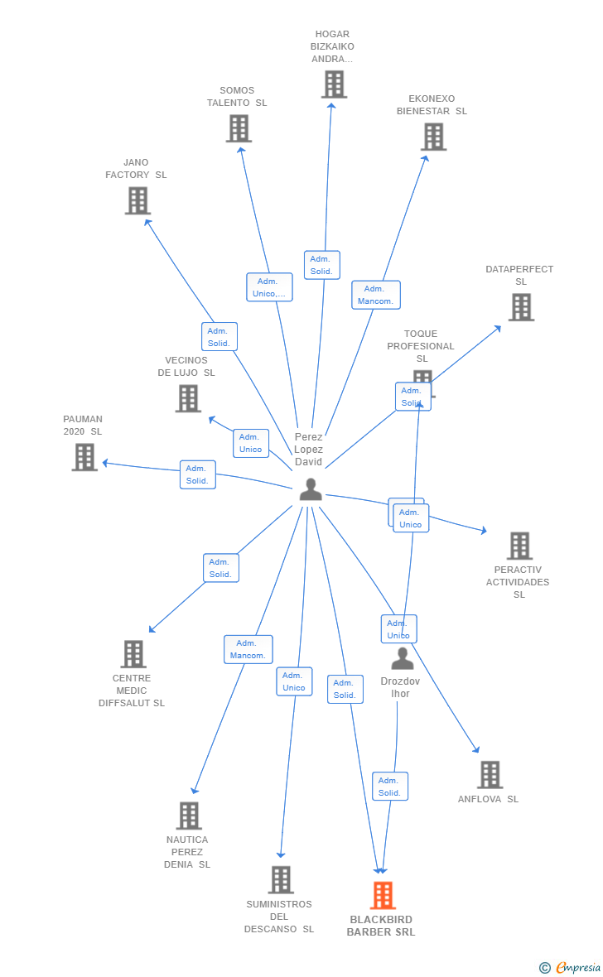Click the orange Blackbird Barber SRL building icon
tap(382, 895)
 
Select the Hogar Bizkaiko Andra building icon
tap(334, 84)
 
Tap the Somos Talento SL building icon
tap(239, 128)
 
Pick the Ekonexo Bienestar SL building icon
tap(433, 137)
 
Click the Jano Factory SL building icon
tap(137, 200)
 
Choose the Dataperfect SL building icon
tap(520, 307)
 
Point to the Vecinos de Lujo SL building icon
tap(188, 398)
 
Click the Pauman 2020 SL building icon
tap(84, 457)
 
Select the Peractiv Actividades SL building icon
tap(519, 546)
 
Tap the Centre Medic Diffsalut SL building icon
tap(133, 654)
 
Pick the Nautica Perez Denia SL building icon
tap(189, 816)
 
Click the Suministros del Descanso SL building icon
tap(281, 879)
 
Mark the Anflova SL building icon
tap(490, 775)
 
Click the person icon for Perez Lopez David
tap(311, 489)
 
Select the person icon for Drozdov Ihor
tap(402, 659)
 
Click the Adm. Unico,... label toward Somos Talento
tap(269, 287)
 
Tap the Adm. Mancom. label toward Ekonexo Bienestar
tap(376, 295)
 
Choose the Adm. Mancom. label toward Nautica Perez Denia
tap(248, 649)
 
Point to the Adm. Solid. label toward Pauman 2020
tap(197, 474)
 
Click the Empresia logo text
tap(577, 967)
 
